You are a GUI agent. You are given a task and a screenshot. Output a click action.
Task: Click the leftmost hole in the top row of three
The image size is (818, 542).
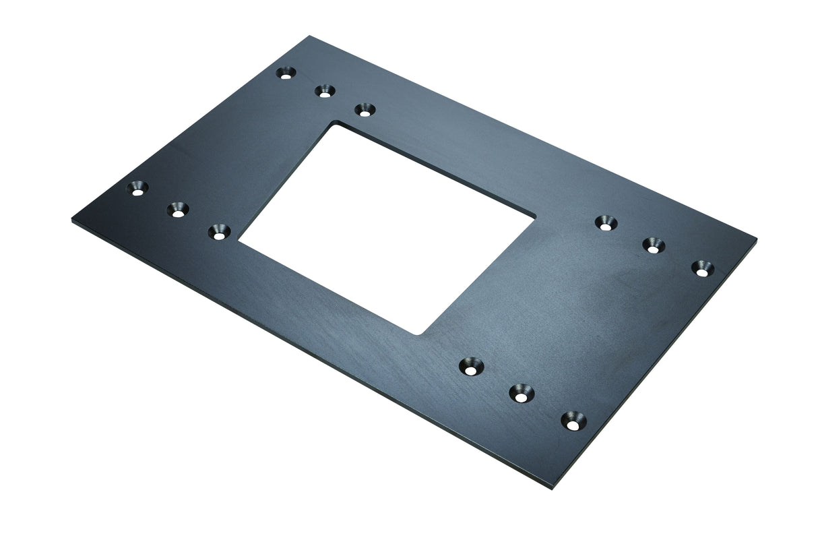click(287, 73)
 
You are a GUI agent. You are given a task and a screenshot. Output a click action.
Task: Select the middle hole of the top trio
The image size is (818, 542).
click(325, 91)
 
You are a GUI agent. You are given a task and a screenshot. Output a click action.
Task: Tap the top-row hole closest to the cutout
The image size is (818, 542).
click(365, 109)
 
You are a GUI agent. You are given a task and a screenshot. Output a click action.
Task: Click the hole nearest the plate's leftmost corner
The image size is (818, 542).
click(138, 188)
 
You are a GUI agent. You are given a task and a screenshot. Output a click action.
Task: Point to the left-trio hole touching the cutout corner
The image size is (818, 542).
click(218, 233)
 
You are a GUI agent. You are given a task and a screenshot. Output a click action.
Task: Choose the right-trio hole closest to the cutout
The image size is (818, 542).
click(606, 222)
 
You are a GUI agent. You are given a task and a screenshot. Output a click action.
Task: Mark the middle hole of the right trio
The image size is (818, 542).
click(653, 245)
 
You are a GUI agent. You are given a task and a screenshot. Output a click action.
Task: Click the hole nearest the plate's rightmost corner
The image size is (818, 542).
click(701, 268)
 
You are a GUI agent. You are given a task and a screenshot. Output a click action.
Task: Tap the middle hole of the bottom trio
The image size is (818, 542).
click(521, 393)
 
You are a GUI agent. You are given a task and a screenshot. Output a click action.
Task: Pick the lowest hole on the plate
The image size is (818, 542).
click(573, 421)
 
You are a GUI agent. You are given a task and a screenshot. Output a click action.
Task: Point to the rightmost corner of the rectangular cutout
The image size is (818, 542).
click(536, 217)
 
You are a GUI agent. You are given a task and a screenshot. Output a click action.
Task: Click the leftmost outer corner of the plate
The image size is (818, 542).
click(71, 220)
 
